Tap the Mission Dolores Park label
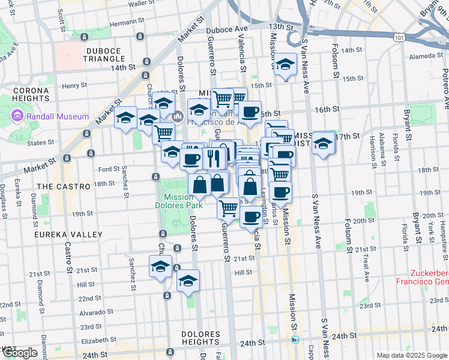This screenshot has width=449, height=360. tap(181, 200)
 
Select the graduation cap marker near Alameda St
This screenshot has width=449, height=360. tap(286, 64)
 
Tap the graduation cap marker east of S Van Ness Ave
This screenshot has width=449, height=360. tap(324, 143)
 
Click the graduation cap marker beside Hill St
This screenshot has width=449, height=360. tap(188, 280)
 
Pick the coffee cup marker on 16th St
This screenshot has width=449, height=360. tap(250, 111)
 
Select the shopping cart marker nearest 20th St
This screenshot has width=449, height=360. tap(228, 208)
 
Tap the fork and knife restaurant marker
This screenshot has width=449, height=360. tap(214, 158)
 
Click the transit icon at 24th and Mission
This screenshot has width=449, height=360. tap(295, 340)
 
